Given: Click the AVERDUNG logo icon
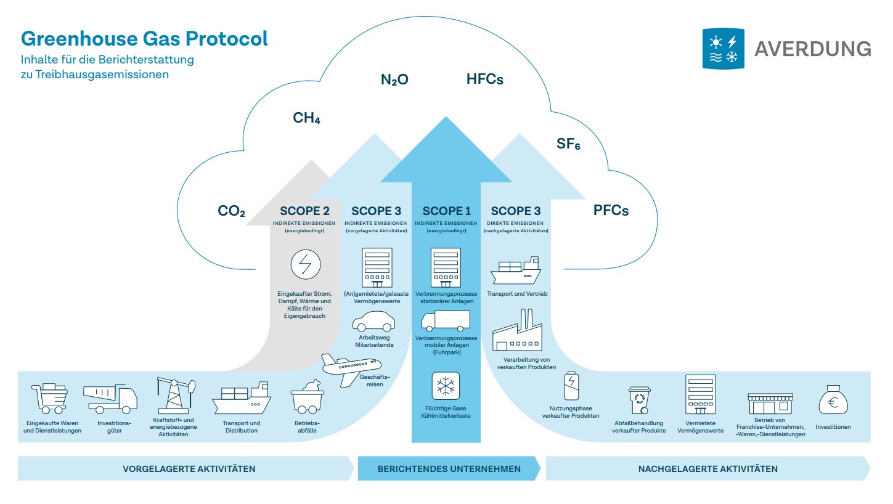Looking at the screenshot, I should pos(723,48).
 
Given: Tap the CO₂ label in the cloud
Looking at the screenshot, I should pos(231,211).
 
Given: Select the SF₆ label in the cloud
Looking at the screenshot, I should pos(568,145).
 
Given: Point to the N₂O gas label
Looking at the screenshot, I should pos(394,79).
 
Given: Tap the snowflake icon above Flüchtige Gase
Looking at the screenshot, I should pos(446,386).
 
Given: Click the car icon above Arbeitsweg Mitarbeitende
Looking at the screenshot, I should pos(374,321).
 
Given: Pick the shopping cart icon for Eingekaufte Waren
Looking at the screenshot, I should pos(49,398).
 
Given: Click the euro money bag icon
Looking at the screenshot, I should pos(833,400).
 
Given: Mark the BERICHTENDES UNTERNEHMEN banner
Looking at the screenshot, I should pos(449,469).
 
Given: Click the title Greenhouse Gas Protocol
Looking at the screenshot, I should pos(144,39).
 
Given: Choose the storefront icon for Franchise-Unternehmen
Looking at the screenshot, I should pos(770,404).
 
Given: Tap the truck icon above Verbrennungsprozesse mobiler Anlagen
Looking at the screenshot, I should pos(446,321).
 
